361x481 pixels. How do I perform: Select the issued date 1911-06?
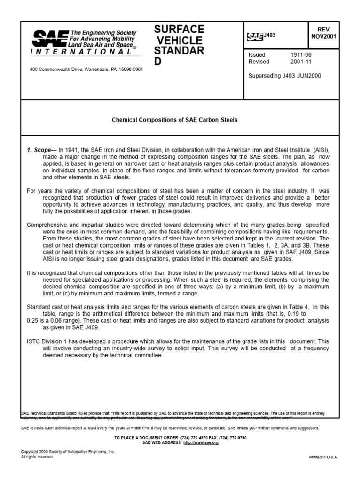[x=301, y=55]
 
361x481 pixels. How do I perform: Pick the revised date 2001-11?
[x=301, y=62]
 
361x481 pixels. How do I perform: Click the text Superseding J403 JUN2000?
[x=284, y=76]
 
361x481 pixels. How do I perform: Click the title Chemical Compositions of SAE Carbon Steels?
[x=174, y=120]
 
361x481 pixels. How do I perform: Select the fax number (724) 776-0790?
[x=230, y=438]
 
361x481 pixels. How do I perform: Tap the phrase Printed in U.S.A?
[x=323, y=457]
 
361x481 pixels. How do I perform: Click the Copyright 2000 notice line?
[x=68, y=452]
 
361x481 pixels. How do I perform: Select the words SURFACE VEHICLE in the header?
[x=179, y=35]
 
